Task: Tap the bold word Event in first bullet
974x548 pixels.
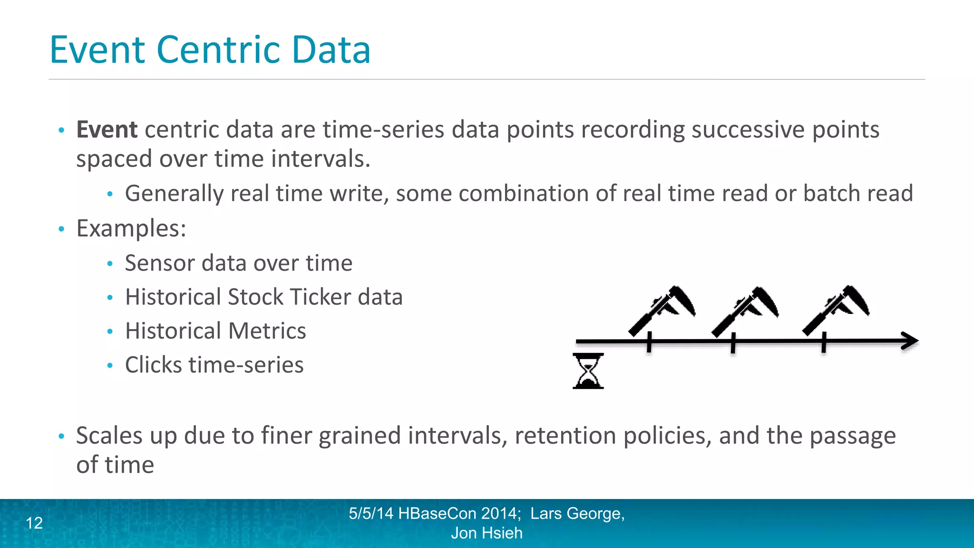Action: (107, 129)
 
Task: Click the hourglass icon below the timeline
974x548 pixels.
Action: (588, 371)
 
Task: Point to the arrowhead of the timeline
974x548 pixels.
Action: (911, 341)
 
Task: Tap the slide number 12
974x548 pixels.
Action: (34, 523)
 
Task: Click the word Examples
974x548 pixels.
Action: (131, 228)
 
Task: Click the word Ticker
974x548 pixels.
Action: (321, 297)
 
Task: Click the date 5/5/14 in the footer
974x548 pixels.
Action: (371, 513)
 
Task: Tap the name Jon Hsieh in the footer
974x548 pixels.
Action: (487, 533)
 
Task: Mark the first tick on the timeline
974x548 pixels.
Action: (649, 342)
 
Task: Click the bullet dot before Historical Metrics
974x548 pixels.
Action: (110, 332)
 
